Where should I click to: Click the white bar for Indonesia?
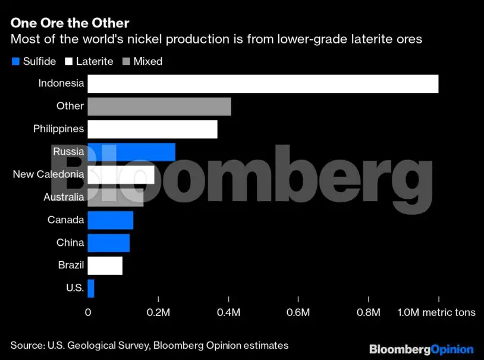263,84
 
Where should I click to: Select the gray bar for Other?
159,107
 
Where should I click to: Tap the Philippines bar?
152,129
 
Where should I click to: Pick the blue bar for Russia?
131,152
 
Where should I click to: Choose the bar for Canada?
111,220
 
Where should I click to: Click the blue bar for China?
109,243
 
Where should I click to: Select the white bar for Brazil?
105,265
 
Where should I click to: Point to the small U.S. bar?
91,288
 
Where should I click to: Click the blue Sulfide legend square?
15,61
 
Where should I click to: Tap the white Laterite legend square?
69,61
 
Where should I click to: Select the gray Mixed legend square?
126,61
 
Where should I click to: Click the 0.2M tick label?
158,312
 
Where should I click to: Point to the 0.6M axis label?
298,312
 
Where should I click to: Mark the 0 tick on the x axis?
88,312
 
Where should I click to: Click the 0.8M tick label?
369,312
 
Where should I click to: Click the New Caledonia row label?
48,174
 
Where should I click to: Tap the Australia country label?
64,197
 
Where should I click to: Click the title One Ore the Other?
70,23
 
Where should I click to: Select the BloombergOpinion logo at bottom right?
421,349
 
